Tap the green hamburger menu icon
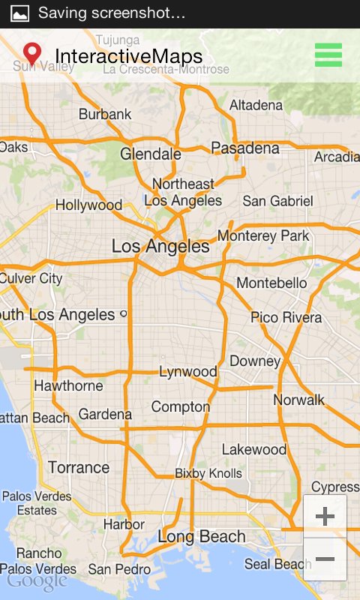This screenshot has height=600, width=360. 328,55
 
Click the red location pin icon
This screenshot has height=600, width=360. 32,54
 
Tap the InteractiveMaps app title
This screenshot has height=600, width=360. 128,56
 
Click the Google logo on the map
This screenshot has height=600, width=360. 37,581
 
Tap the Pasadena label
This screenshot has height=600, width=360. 245,148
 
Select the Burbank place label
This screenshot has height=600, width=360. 105,115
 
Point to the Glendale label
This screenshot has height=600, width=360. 151,154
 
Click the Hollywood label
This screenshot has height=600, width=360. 88,205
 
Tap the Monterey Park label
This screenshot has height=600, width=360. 263,236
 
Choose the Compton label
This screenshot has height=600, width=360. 181,406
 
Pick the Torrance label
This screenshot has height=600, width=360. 79,468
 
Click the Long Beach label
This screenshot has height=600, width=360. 202,537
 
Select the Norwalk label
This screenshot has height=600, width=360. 299,400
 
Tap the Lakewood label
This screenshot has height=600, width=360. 254,450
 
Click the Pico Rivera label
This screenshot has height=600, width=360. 286,317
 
